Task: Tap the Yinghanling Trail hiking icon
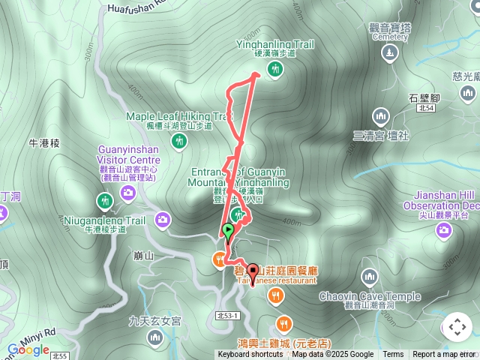tap(275, 70)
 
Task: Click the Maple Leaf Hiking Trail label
tap(179, 116)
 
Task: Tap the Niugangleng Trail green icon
tap(104, 201)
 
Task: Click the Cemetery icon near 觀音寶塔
tap(388, 54)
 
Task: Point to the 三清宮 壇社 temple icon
tap(380, 116)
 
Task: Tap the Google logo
tap(28, 349)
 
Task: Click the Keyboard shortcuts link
tap(250, 355)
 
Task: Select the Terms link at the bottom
tap(393, 355)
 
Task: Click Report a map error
tap(443, 355)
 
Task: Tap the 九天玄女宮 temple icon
tap(154, 337)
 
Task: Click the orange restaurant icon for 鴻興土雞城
tap(283, 324)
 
